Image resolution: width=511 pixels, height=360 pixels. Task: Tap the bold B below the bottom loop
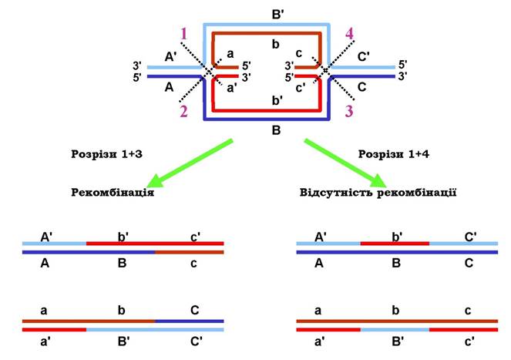pos(275,131)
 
